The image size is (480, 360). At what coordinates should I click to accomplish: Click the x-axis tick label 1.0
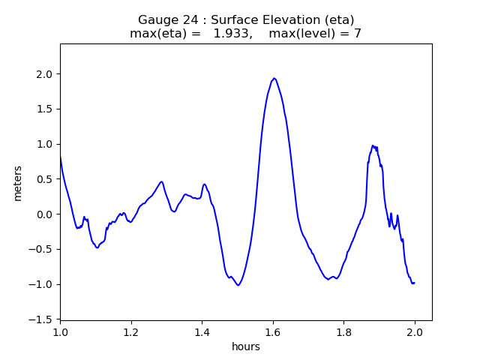click(61, 332)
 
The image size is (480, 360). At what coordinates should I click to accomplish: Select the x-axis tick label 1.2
click(131, 332)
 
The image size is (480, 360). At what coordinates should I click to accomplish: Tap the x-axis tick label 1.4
click(202, 332)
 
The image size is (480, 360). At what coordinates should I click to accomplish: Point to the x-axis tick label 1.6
click(273, 332)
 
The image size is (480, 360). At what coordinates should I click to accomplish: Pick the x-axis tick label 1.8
click(343, 332)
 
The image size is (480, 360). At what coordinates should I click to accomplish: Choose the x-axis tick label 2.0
click(415, 332)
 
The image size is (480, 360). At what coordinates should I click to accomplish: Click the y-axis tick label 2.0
click(46, 74)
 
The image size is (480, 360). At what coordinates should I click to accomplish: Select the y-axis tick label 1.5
click(46, 109)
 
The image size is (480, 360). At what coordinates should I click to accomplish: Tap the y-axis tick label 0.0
click(46, 214)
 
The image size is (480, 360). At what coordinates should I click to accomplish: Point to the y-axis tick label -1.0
click(43, 284)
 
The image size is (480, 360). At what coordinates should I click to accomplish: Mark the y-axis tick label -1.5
click(43, 319)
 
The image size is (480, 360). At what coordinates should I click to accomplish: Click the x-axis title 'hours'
click(246, 347)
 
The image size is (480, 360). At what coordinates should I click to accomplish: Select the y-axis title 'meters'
click(18, 183)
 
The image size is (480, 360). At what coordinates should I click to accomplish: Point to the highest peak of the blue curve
click(274, 78)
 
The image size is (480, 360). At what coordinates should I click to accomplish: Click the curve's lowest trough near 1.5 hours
click(238, 285)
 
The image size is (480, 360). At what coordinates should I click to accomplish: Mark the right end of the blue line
click(414, 283)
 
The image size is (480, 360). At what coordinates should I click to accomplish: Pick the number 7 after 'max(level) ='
click(358, 34)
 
